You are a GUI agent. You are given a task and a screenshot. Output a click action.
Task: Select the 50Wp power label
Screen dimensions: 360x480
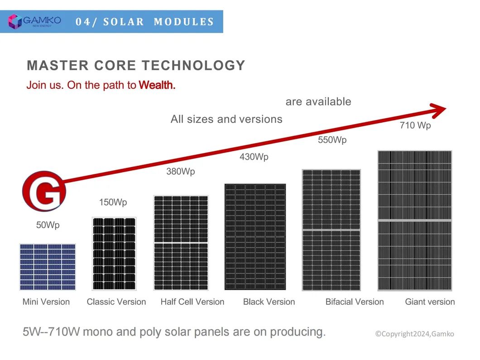tap(48, 225)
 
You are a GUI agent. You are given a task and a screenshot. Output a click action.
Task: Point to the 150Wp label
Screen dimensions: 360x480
tap(113, 202)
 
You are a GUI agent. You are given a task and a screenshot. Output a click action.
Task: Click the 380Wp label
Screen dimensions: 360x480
tap(181, 172)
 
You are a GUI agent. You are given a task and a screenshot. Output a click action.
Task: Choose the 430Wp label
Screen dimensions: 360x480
tap(254, 157)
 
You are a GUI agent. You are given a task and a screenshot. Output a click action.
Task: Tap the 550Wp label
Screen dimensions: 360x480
tap(332, 140)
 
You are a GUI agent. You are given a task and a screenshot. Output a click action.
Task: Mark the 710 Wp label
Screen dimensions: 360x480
tap(415, 125)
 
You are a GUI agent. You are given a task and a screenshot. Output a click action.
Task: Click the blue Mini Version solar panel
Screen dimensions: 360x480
tap(48, 267)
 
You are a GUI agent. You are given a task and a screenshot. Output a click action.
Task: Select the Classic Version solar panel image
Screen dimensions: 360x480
tap(114, 253)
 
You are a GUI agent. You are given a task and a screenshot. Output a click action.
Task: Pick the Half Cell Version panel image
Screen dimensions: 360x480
tap(181, 243)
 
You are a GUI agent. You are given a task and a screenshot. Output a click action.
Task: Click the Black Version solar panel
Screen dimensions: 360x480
tap(255, 236)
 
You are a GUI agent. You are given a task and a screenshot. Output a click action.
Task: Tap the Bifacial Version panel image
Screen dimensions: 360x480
tap(331, 230)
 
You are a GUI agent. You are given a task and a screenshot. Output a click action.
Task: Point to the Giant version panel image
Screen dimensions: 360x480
tap(415, 220)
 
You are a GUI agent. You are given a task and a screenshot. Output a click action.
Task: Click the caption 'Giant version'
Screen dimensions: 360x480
tap(430, 302)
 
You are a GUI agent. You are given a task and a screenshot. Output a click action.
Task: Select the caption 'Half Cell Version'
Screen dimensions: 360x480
tap(192, 302)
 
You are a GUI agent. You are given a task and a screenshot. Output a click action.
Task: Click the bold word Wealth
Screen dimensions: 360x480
tap(157, 85)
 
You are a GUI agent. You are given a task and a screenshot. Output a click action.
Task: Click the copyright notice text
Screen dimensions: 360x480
tap(414, 334)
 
